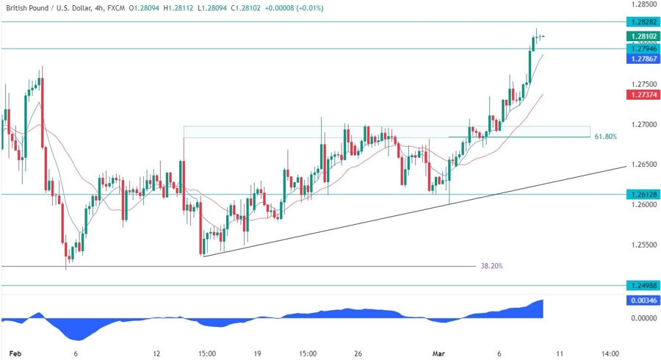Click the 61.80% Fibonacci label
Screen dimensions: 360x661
pyautogui.click(x=605, y=137)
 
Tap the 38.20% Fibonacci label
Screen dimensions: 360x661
pyautogui.click(x=492, y=266)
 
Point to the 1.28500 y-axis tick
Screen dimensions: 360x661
pyautogui.click(x=641, y=4)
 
